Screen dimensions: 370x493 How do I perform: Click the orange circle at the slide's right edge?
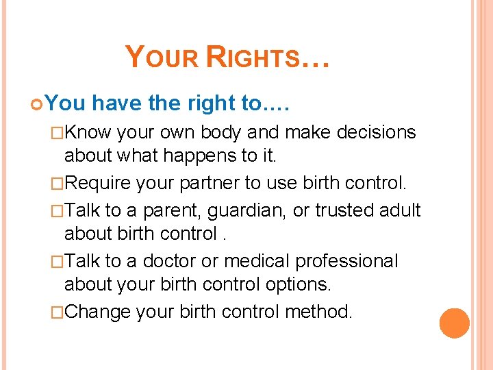coord(455,323)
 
